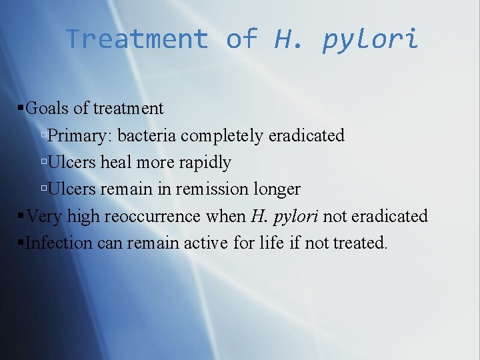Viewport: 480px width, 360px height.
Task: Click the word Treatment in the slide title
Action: point(137,39)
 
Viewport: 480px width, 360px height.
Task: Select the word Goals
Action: point(47,109)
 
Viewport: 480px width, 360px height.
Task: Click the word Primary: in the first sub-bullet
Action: point(79,136)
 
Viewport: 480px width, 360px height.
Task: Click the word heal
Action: point(117,162)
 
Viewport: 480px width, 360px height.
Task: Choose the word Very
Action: point(43,215)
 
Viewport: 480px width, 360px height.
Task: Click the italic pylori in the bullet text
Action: point(296,216)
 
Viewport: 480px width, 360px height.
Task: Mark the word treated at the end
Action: point(361,242)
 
